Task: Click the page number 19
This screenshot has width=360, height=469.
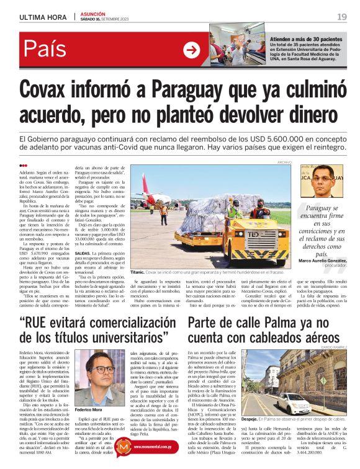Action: (342, 16)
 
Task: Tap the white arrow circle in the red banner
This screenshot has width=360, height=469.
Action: (192, 50)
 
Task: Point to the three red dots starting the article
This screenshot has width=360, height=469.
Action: (24, 165)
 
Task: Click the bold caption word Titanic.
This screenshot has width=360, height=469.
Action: (139, 271)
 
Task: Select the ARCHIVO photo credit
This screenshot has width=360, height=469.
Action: (284, 162)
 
